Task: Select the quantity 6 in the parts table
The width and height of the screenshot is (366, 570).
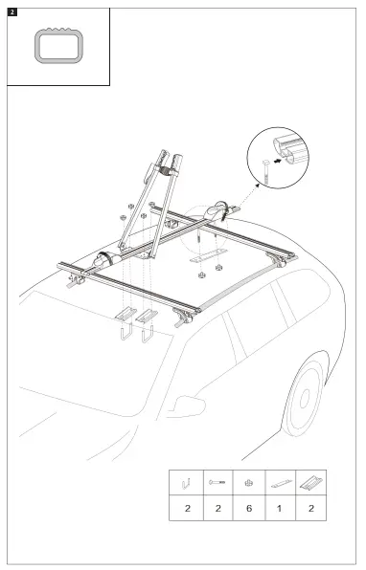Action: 248,509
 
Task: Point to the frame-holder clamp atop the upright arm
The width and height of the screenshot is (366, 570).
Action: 172,172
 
